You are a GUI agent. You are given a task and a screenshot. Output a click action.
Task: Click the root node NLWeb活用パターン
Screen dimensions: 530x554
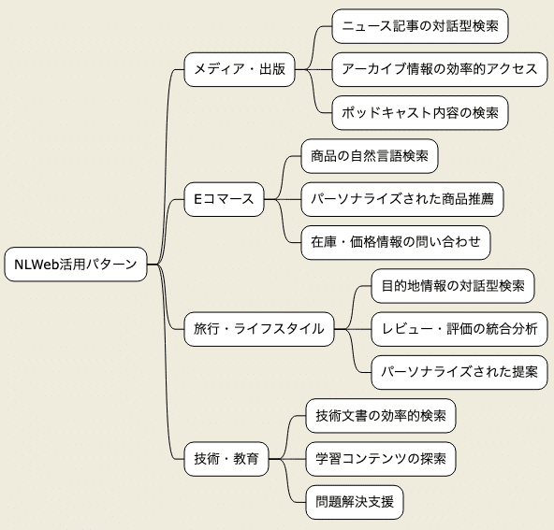[76, 265]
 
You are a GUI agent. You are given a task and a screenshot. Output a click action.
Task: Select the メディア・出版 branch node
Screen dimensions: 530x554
[239, 69]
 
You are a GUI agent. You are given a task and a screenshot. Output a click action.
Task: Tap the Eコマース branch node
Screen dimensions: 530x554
[224, 199]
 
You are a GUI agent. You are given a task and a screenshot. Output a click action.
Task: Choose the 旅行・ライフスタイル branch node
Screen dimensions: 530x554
[258, 328]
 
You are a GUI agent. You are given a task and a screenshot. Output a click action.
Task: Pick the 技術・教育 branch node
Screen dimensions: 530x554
[226, 458]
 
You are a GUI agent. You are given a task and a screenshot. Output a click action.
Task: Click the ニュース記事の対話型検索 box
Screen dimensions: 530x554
[420, 26]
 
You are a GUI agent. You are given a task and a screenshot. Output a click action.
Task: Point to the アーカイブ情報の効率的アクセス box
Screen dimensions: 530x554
[440, 69]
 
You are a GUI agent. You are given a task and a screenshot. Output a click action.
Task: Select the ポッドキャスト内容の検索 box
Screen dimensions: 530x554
[420, 112]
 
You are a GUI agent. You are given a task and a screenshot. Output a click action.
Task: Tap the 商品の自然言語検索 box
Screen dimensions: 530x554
[370, 156]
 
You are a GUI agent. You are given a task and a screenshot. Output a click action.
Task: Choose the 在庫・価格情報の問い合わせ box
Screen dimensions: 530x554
[395, 242]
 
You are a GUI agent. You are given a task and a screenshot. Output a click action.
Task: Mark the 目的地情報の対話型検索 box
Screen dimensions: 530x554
[452, 285]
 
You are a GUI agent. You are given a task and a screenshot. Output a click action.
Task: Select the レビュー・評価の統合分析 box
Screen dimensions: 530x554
[459, 328]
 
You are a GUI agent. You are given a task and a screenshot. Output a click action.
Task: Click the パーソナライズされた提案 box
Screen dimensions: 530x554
[459, 371]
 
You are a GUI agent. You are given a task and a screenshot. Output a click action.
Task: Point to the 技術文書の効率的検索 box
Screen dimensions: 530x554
[381, 415]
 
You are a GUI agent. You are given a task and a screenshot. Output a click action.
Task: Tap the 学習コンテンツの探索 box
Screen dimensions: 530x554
[381, 458]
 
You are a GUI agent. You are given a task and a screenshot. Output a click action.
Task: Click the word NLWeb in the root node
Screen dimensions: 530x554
[34, 265]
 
